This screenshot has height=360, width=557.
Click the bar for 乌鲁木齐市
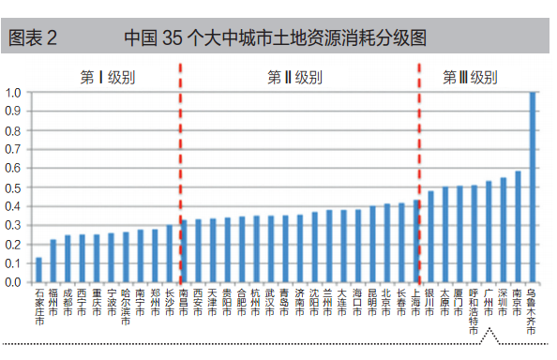[533, 187]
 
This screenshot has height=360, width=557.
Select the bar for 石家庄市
[38, 270]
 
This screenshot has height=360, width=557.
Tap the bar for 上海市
[416, 254]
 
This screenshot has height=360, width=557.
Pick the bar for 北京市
[387, 244]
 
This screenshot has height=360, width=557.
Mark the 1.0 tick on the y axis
[13, 93]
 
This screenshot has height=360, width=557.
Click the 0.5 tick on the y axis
[13, 187]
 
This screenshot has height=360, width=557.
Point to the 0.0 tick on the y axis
[13, 282]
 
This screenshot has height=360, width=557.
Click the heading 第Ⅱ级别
[295, 77]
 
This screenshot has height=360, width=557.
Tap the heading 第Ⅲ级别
[470, 77]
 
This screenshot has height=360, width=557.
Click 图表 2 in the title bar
[33, 38]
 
